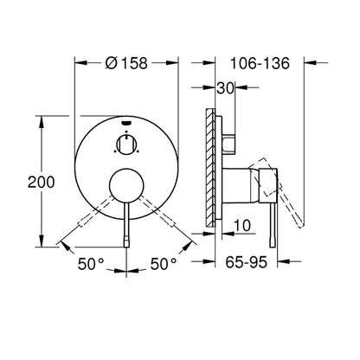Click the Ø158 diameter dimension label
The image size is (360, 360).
point(126,63)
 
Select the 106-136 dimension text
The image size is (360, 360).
point(260,63)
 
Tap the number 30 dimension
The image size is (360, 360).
point(225,88)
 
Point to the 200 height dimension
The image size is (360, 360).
point(41,182)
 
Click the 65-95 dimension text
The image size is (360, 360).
point(247,262)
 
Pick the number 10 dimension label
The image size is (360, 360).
point(242,225)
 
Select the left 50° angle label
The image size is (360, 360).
point(91,264)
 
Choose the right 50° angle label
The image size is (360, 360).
point(164,264)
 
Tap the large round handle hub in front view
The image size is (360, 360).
point(126,185)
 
